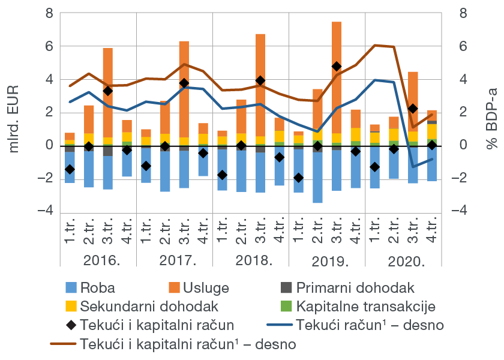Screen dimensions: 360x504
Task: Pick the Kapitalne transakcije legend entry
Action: tap(365, 307)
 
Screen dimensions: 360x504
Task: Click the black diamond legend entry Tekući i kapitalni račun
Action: tap(150, 325)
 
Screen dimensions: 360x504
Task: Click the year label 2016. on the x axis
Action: tap(99, 262)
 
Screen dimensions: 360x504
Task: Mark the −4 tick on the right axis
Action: tap(461, 212)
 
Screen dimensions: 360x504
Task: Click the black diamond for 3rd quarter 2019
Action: tap(337, 67)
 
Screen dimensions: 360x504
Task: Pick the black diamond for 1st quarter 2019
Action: tap(299, 178)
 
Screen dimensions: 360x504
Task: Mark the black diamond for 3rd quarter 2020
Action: tap(413, 109)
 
